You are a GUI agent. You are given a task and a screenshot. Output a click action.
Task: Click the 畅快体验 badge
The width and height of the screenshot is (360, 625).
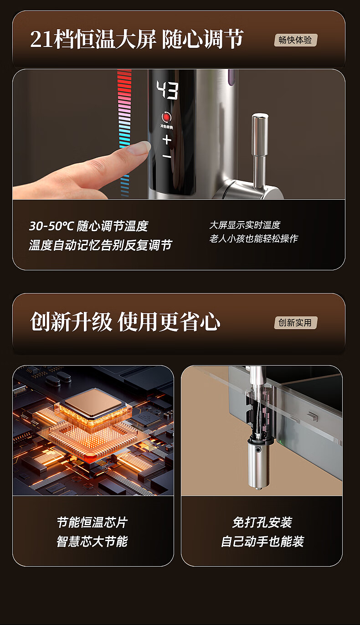tap(296, 40)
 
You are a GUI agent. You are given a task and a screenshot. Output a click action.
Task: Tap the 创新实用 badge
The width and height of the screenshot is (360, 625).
tap(296, 323)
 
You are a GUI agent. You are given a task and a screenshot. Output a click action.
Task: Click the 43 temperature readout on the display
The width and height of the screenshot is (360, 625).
tap(167, 89)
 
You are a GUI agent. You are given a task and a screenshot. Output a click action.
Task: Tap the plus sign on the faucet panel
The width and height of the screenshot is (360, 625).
tap(167, 139)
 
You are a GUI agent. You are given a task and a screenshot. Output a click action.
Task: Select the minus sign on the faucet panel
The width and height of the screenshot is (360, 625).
tap(167, 156)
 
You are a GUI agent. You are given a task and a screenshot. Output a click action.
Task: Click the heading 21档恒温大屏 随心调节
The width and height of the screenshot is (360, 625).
tap(137, 39)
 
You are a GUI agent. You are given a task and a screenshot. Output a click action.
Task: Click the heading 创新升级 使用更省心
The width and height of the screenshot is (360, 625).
tap(125, 322)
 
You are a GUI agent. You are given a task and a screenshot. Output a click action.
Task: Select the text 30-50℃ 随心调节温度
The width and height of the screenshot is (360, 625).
tap(89, 226)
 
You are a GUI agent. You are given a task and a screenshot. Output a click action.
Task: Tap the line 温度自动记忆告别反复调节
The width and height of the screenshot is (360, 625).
tap(100, 245)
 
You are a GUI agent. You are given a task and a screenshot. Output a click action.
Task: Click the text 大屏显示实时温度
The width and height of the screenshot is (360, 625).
tap(245, 225)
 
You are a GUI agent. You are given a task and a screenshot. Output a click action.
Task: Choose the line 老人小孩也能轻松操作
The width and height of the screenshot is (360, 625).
tap(254, 238)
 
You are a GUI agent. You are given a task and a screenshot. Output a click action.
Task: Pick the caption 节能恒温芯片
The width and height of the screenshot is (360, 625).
tap(93, 522)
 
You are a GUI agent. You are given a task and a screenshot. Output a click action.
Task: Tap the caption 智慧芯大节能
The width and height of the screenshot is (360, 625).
tap(93, 542)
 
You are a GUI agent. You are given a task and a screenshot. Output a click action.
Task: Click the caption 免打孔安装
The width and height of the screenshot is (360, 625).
tap(262, 522)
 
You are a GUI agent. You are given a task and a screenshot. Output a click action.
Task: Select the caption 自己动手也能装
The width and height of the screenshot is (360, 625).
tap(262, 542)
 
